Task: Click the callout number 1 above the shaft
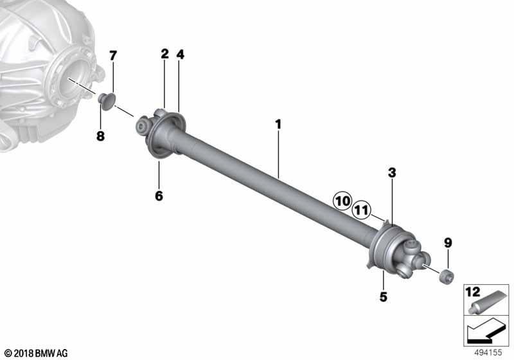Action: [x=278, y=125]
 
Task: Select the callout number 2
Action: [x=164, y=54]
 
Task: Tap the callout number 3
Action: [x=392, y=173]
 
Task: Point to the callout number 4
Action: [x=181, y=55]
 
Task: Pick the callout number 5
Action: [x=383, y=297]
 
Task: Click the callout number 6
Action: [x=159, y=195]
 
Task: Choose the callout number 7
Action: [x=113, y=56]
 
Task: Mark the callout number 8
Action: [x=100, y=136]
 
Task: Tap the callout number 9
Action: [x=448, y=243]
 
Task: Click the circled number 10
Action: [x=342, y=201]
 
